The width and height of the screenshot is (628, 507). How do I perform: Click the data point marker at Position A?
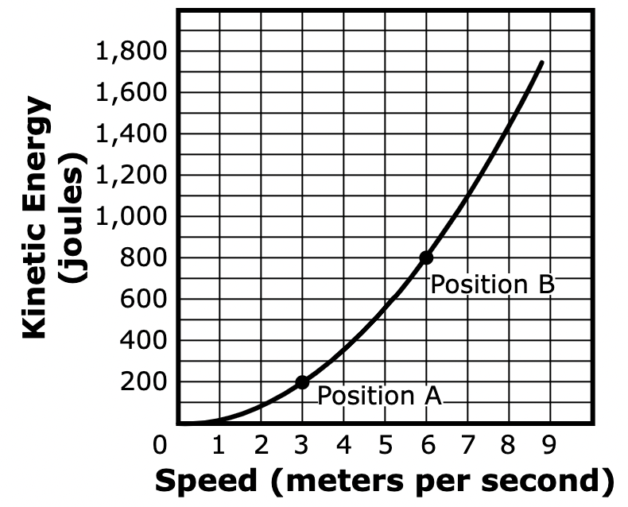coord(302,382)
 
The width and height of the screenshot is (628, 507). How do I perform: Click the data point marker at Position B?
coord(426,257)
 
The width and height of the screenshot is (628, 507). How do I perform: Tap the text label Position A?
coord(379,395)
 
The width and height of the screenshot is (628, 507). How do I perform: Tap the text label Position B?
coord(492,284)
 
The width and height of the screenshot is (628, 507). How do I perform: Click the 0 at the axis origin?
coord(161,445)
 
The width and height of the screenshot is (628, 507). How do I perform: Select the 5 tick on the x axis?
coord(385,445)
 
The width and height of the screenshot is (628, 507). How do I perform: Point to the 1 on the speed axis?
coord(219,445)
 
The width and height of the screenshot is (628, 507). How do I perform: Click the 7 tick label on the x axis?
coord(467,445)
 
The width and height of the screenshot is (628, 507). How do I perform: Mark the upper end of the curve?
coord(542,62)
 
